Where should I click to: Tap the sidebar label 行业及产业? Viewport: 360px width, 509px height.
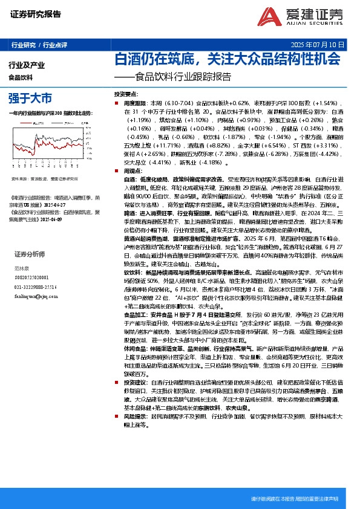tap(27, 64)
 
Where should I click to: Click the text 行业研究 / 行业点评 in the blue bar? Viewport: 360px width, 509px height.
tap(39, 45)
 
